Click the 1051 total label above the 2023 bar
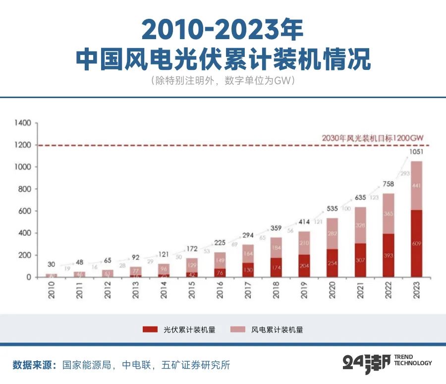pyautogui.click(x=417, y=153)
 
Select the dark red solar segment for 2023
pyautogui.click(x=417, y=243)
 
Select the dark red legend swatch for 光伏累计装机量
pyautogui.click(x=149, y=329)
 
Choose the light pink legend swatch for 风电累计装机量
pyautogui.click(x=237, y=329)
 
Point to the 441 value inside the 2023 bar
pyautogui.click(x=417, y=186)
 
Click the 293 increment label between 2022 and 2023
pyautogui.click(x=402, y=173)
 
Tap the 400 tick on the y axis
pyautogui.click(x=25, y=233)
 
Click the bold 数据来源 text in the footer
pyautogui.click(x=35, y=366)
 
